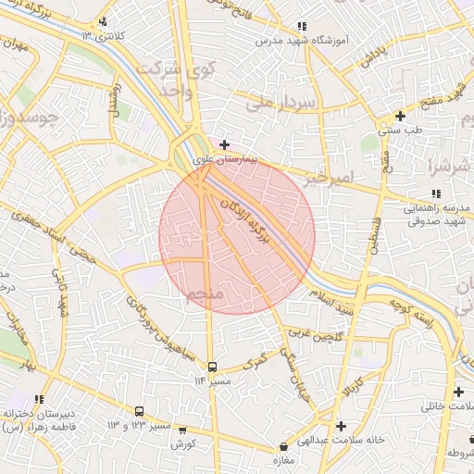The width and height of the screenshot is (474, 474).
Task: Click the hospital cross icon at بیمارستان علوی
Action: coord(224,145)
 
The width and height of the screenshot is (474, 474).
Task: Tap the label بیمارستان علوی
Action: coord(224,159)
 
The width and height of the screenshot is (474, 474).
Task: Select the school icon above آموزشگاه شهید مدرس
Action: coord(301,27)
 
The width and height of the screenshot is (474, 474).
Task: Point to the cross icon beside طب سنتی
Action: coord(399,116)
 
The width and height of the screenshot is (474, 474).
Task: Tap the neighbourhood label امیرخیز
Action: coord(328,176)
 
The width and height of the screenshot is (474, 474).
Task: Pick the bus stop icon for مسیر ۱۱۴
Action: coord(212,368)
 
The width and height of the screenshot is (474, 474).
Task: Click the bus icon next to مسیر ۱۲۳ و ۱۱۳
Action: coord(139,411)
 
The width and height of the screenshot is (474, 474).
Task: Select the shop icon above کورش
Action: coord(181,430)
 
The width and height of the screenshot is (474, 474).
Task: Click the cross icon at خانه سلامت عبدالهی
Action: coord(342,426)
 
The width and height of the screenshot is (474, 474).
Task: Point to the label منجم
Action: coord(205,295)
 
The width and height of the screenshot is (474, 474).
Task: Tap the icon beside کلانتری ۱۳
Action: coord(102,21)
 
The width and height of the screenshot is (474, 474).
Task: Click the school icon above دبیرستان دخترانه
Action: coord(41,399)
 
